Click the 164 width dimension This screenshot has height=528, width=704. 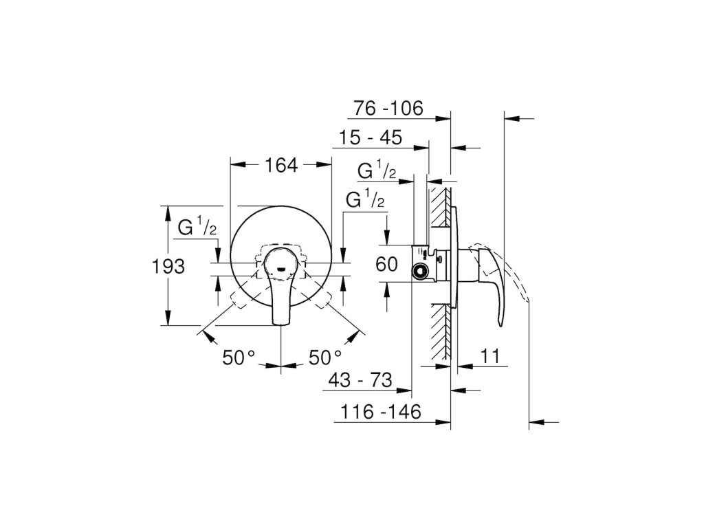[281, 165]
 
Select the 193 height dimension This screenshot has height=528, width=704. [168, 267]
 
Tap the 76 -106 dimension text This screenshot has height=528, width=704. [388, 108]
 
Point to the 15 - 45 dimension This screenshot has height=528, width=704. [371, 137]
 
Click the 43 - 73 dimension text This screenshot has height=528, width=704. [360, 380]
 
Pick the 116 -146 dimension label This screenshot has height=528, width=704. [381, 411]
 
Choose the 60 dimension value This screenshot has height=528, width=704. [386, 264]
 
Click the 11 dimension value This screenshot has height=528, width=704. [489, 356]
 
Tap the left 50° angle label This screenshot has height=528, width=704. [239, 357]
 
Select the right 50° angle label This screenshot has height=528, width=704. [324, 357]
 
